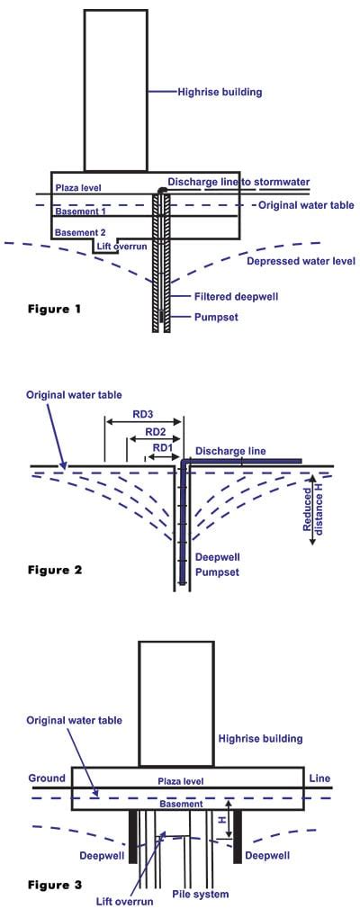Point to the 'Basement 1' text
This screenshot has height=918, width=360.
click(80, 211)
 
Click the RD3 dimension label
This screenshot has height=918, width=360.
click(142, 414)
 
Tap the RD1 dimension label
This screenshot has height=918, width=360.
click(163, 447)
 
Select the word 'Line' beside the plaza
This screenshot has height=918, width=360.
click(322, 778)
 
